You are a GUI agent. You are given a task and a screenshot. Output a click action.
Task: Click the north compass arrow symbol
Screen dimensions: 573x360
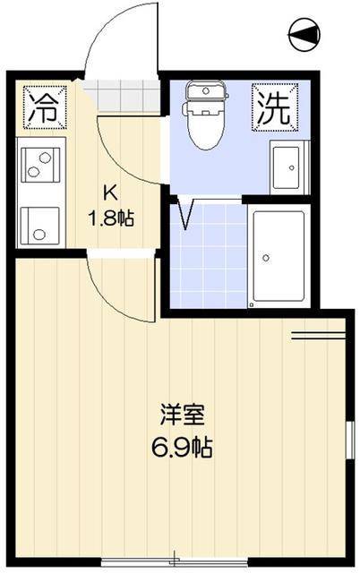point(304,35)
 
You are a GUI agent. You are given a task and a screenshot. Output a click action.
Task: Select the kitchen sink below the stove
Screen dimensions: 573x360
point(39,224)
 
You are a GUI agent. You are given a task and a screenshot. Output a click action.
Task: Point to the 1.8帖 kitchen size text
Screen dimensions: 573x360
point(110,217)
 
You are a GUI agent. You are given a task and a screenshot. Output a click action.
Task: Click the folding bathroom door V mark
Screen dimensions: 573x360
point(188,216)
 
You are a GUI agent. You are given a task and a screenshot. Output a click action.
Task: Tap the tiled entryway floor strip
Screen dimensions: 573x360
point(125,95)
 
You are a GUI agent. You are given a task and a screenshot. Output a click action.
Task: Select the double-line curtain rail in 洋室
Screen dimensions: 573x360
point(318,338)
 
